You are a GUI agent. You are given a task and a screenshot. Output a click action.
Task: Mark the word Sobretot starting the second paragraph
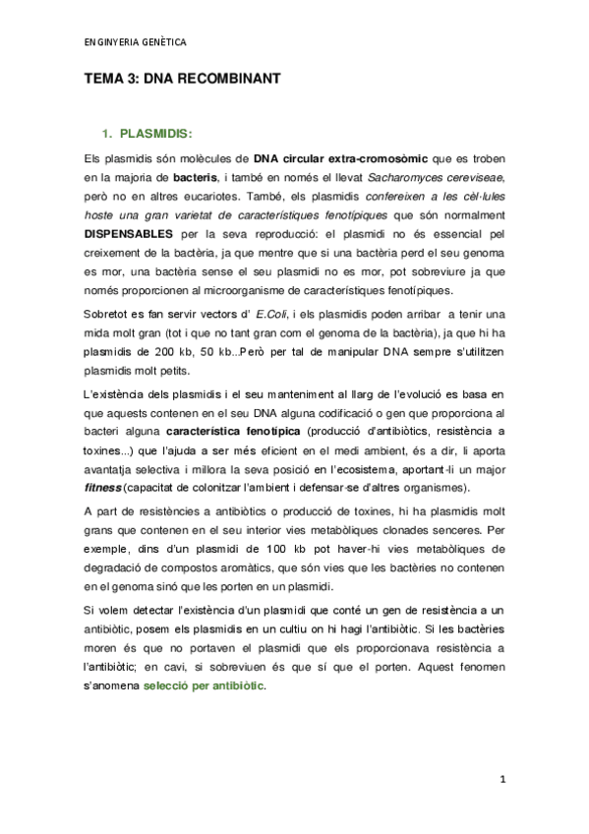click(106, 313)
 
